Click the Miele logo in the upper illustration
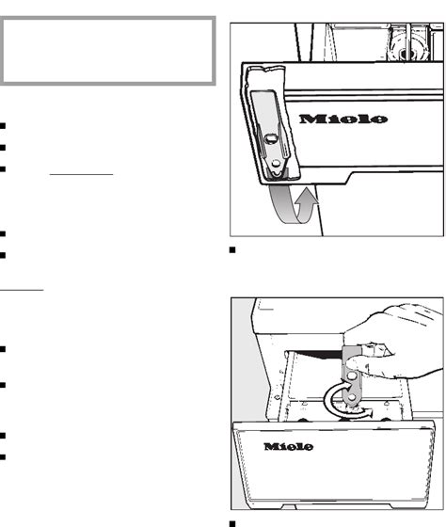click(343, 119)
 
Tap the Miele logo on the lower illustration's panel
click(288, 446)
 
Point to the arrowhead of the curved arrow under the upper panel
click(306, 197)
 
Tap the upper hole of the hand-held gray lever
click(352, 375)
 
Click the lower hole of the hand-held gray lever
click(352, 397)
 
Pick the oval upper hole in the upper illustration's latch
click(271, 138)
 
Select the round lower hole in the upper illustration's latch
click(276, 164)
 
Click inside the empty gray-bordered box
click(107, 51)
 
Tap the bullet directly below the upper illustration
click(232, 249)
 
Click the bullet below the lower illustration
click(232, 523)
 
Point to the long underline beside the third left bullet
click(81, 174)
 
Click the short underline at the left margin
click(22, 290)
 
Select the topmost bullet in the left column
click(3, 126)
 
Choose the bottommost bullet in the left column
click(3, 456)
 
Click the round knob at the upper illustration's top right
click(406, 50)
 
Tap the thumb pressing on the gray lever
click(357, 363)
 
